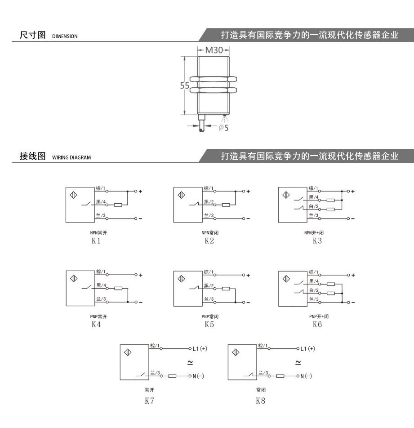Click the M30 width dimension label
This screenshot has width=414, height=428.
(214, 50)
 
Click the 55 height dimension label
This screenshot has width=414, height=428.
(184, 86)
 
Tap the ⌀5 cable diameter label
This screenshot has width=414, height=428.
(224, 128)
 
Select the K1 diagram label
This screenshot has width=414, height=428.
(96, 241)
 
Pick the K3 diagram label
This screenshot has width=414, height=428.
(317, 241)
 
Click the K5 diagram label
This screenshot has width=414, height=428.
(209, 324)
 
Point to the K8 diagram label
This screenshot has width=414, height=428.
(260, 401)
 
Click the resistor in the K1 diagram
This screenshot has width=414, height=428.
(118, 205)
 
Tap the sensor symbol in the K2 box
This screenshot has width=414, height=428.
(181, 195)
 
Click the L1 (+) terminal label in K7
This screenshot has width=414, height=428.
(200, 348)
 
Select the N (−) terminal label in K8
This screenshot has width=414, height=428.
(306, 376)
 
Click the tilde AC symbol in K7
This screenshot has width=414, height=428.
(190, 362)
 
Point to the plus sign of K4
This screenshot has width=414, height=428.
(141, 275)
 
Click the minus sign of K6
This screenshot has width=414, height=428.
(353, 303)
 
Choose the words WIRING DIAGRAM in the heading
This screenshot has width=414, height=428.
(71, 157)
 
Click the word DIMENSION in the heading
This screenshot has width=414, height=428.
(65, 36)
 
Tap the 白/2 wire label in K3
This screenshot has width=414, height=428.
(314, 206)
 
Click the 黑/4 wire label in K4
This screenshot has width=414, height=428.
(101, 285)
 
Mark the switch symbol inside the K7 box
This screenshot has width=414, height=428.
(142, 375)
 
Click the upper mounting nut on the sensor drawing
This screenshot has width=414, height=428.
(213, 80)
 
